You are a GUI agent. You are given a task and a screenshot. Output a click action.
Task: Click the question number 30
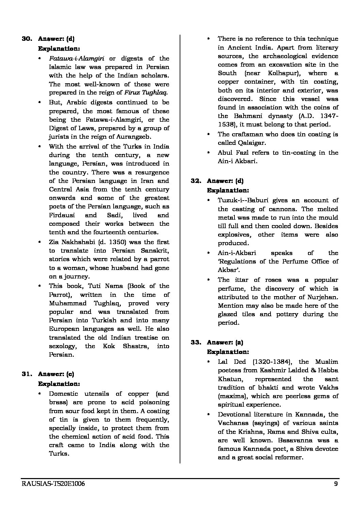(x=27, y=39)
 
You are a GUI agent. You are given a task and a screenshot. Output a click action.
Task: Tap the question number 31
(x=27, y=374)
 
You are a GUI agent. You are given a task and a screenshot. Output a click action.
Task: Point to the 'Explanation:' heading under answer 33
(x=228, y=352)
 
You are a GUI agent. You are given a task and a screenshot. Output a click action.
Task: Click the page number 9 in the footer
(x=336, y=484)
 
